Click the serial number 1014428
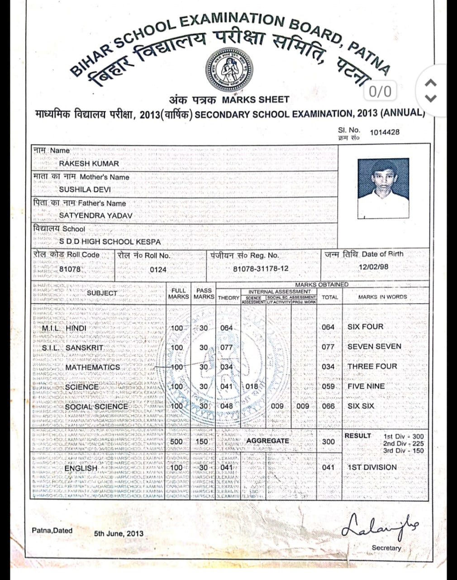385,132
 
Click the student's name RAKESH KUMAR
89,163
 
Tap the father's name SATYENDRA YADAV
95,216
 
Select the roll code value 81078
70,269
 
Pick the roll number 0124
158,270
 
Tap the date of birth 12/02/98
373,267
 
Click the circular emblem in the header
228,70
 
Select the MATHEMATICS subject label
93,367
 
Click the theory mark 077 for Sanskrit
226,348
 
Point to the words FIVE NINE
366,387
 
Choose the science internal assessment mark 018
252,387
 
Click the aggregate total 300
329,441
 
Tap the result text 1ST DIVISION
372,467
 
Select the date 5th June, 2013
119,533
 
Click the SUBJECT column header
102,293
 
